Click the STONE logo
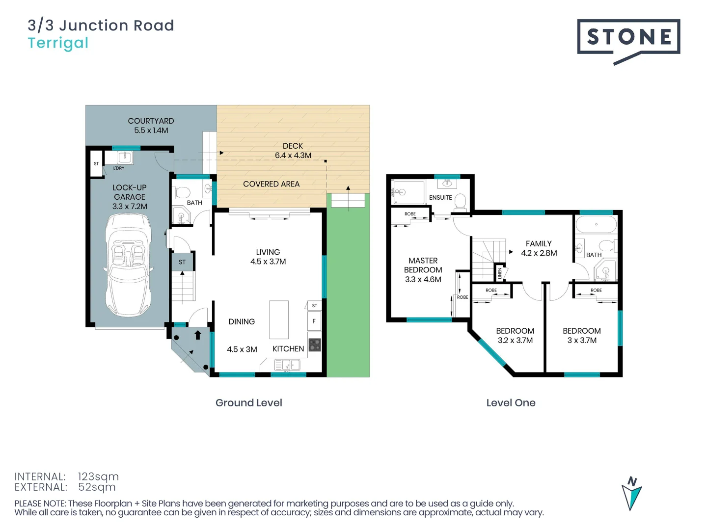pos(628,37)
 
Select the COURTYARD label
pos(151,121)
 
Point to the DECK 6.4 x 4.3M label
pos(293,151)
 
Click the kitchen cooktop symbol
pos(314,344)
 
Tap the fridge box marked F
pos(314,321)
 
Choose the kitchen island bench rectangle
pos(278,319)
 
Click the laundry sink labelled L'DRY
pos(125,157)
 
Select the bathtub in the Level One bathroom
pos(596,225)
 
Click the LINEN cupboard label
pos(500,273)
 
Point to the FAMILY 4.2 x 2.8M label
pos(539,248)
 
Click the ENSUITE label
pos(440,198)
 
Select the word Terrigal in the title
pos(58,43)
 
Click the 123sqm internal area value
pos(98,477)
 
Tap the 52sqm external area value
pos(97,487)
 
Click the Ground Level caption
pos(248,403)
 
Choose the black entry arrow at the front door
pos(198,335)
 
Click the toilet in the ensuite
pos(460,201)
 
